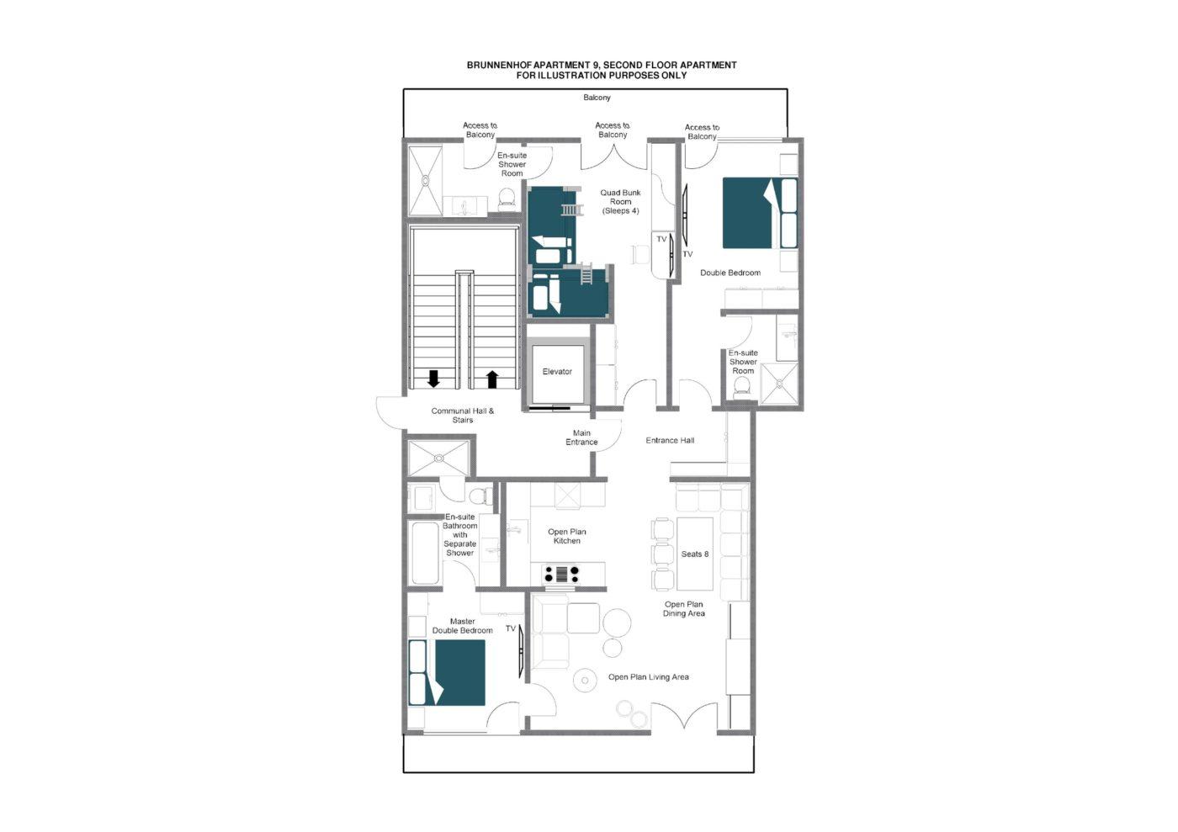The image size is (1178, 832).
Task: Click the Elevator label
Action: (557, 371)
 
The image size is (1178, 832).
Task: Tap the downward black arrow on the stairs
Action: (433, 379)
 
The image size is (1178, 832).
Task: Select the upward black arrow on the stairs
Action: (492, 379)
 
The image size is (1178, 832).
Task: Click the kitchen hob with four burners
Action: (562, 573)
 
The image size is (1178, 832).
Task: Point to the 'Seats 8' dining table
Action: (695, 554)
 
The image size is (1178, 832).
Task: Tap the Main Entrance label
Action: (581, 437)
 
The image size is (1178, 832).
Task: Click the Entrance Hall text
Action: (670, 440)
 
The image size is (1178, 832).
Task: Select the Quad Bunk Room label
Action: (621, 201)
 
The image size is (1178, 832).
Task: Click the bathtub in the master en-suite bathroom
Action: (425, 553)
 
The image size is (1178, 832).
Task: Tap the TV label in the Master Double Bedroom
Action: (511, 628)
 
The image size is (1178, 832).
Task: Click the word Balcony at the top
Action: (597, 98)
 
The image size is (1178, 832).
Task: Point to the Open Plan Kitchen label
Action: (567, 536)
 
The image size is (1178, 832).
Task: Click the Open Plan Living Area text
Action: (649, 677)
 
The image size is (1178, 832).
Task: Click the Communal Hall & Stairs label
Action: (463, 416)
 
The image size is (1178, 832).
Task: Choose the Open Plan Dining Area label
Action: (683, 608)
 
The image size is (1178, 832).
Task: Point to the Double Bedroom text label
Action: (730, 273)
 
